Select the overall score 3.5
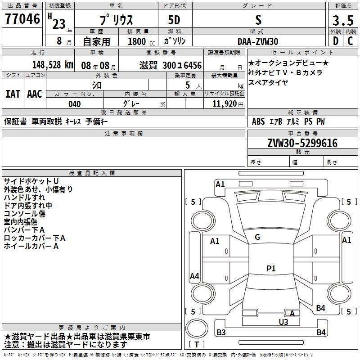pos(342,21)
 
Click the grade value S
pos(258,20)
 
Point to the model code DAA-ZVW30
pos(258,41)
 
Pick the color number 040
pos(75,104)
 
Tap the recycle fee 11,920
pos(224,104)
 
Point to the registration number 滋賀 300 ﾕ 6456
pos(171,65)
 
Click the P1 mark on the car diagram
pos(271,269)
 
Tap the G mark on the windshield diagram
pos(257,237)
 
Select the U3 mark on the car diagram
pos(283,321)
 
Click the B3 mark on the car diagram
pos(221,333)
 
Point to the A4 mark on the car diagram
pos(194,276)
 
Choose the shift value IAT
pos(13,94)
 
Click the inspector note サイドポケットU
pos(31,181)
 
